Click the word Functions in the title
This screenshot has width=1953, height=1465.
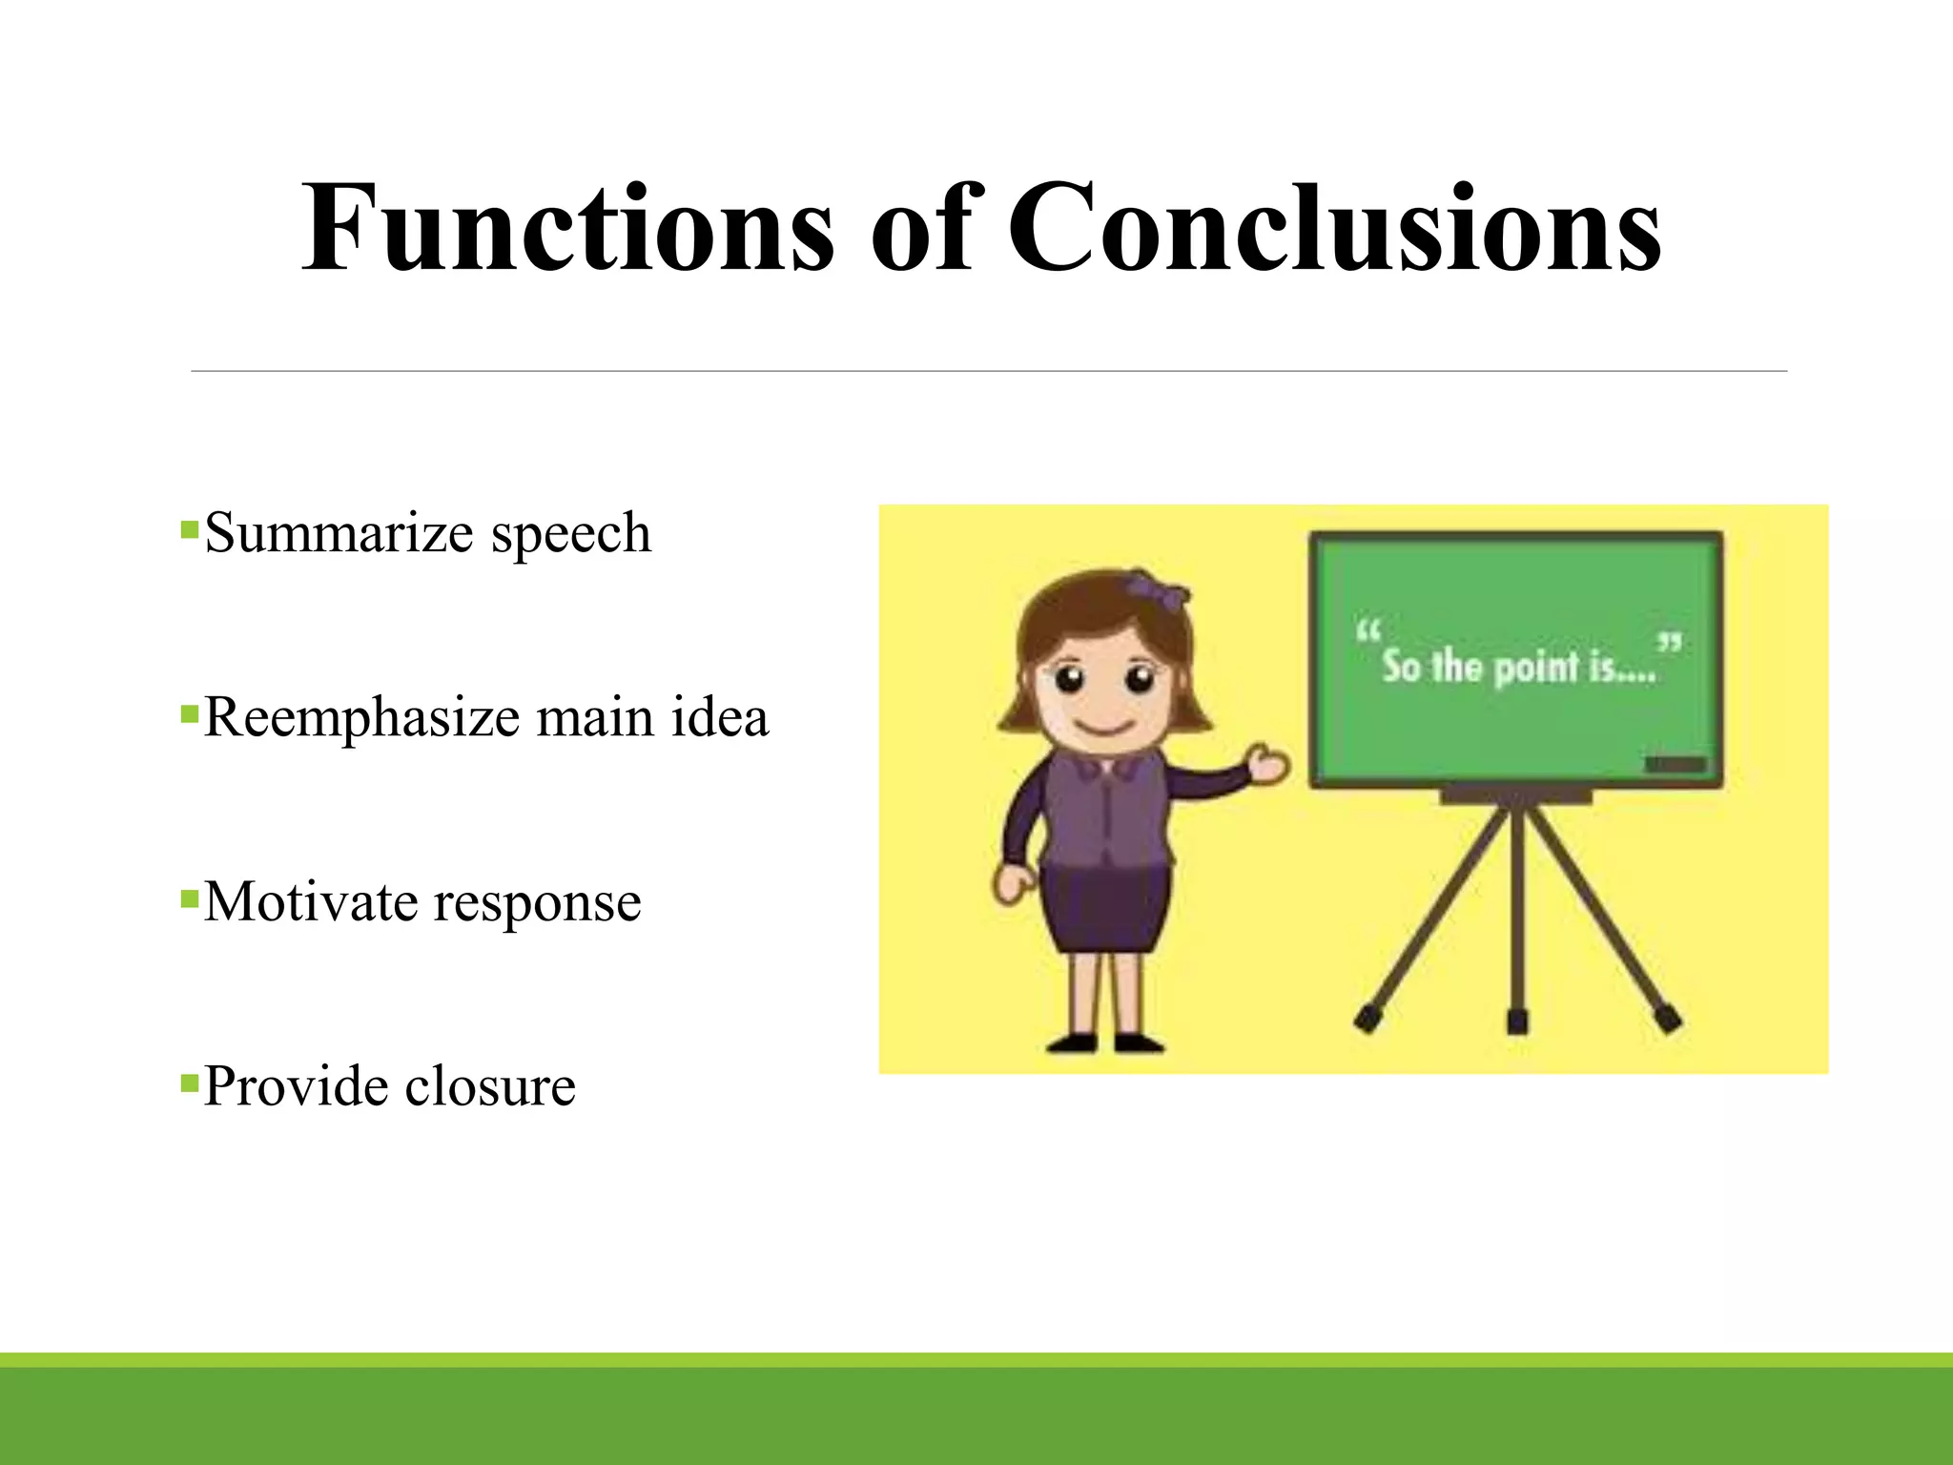(x=566, y=229)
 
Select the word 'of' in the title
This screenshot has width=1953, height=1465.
(x=920, y=229)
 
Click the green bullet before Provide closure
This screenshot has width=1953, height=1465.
(x=189, y=1083)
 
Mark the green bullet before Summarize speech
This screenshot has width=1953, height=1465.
(x=189, y=528)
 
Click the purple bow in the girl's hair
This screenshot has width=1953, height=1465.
(x=1157, y=586)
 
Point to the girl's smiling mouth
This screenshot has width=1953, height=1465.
(x=1106, y=727)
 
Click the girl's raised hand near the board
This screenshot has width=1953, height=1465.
(x=1269, y=763)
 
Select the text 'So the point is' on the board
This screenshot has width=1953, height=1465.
(x=1516, y=666)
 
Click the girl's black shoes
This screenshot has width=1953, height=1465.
(x=1106, y=1042)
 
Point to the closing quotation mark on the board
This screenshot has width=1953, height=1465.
(x=1669, y=644)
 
